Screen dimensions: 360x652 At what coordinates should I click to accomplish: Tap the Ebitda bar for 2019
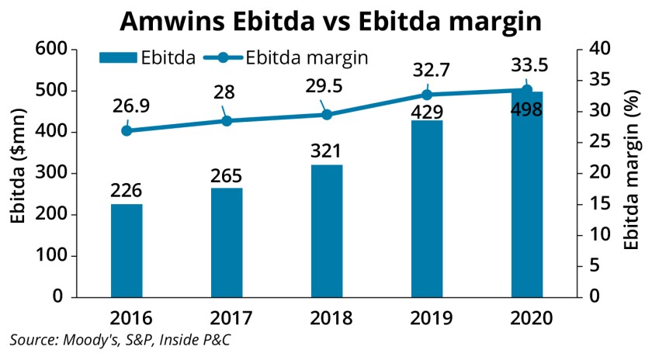point(427,209)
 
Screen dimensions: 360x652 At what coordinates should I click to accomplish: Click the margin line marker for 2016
point(127,130)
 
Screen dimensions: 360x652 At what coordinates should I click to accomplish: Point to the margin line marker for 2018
point(327,115)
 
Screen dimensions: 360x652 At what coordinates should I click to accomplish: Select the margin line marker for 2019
point(427,95)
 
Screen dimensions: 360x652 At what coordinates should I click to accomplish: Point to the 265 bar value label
point(227,175)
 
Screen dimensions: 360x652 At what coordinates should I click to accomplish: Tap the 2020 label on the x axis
point(526,318)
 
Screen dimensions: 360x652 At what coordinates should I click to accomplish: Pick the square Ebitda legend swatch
point(116,57)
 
